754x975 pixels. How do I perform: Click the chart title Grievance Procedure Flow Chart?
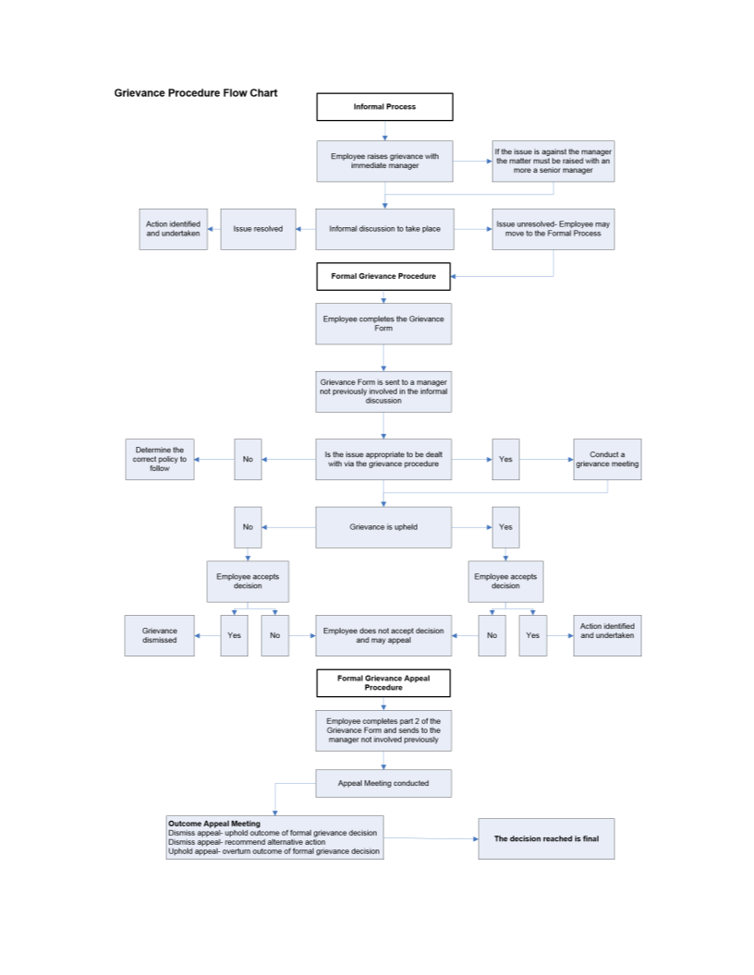pyautogui.click(x=196, y=93)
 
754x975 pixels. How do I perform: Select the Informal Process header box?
pyautogui.click(x=384, y=107)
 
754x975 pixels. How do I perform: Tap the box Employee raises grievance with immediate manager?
pyautogui.click(x=384, y=162)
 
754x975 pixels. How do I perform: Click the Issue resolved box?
pyautogui.click(x=258, y=229)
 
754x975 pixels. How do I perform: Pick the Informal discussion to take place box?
pyautogui.click(x=384, y=229)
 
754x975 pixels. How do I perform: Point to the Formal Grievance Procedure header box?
pyautogui.click(x=383, y=276)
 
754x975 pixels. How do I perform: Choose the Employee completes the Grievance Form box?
pyautogui.click(x=383, y=324)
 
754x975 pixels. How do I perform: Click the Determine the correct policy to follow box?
pyautogui.click(x=160, y=459)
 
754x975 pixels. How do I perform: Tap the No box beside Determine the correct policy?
pyautogui.click(x=248, y=459)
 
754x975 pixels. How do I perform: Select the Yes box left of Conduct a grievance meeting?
pyautogui.click(x=505, y=459)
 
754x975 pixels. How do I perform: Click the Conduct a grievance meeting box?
pyautogui.click(x=607, y=459)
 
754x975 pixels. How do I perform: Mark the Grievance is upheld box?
pyautogui.click(x=383, y=527)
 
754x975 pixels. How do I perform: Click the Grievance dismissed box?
pyautogui.click(x=160, y=635)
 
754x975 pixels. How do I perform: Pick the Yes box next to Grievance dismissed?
pyautogui.click(x=234, y=635)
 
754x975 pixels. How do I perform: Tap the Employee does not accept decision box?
pyautogui.click(x=383, y=635)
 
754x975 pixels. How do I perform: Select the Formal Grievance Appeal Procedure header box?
pyautogui.click(x=383, y=683)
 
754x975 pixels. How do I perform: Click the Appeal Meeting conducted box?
pyautogui.click(x=383, y=784)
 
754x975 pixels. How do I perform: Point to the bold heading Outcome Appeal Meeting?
pyautogui.click(x=214, y=824)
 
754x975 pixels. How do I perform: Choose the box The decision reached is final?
pyautogui.click(x=546, y=838)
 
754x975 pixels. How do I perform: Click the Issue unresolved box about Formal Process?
pyautogui.click(x=553, y=229)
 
